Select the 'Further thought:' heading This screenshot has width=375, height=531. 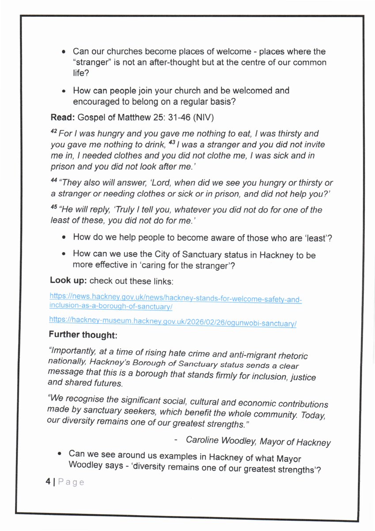tap(83, 336)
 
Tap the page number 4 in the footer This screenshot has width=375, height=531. tap(47, 482)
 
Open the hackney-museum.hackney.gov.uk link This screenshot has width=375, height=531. tap(173, 324)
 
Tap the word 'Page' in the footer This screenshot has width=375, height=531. tap(69, 482)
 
